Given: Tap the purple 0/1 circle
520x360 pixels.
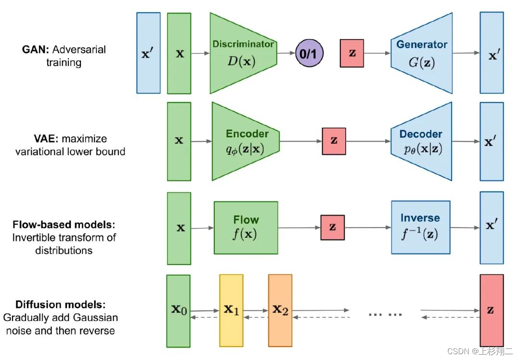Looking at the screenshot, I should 309,53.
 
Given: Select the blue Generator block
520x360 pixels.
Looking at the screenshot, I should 422,53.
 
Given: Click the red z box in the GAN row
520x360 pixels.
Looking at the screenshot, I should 352,53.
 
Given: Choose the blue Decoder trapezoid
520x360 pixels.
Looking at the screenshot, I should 422,141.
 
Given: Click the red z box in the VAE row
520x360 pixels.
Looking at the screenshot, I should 334,141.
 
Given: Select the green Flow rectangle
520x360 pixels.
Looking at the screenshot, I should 246,227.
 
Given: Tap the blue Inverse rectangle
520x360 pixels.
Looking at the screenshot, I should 420,227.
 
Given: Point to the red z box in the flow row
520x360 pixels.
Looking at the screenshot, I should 333,227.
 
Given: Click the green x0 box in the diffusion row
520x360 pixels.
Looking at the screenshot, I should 178,311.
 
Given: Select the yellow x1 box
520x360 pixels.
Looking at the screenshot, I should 231,311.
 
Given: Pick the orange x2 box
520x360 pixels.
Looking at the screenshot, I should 280,311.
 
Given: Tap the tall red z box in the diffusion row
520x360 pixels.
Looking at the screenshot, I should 491,311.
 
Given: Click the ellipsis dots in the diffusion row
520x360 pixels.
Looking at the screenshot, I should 385,314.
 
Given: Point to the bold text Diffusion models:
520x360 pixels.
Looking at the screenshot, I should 60,305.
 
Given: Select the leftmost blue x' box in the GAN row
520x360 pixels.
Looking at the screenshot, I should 148,53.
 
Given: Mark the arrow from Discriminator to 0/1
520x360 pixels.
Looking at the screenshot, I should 286,53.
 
